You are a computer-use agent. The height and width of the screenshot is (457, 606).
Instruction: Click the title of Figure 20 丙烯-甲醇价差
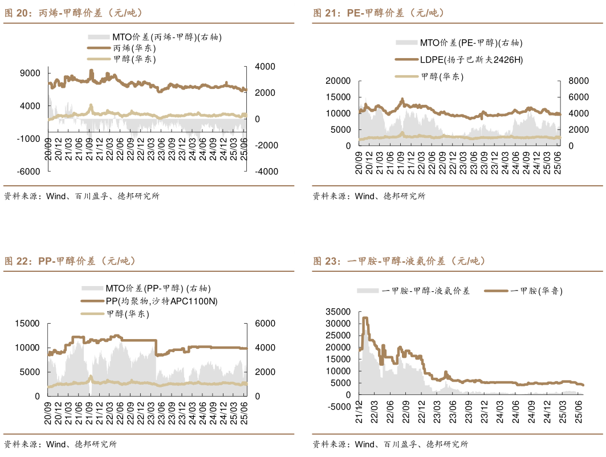(74, 13)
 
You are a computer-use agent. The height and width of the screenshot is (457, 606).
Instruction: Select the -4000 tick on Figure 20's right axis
(265, 172)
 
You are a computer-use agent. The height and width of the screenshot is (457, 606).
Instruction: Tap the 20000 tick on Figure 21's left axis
(339, 81)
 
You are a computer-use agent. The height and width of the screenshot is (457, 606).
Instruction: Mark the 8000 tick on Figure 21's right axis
(572, 81)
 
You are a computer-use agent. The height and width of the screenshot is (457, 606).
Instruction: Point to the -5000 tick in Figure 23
(340, 406)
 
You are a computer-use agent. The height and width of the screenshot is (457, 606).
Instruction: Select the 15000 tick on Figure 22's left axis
(29, 323)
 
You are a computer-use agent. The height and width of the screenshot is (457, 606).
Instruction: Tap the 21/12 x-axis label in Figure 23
(361, 411)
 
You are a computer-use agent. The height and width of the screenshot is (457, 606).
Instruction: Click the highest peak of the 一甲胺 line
(365, 318)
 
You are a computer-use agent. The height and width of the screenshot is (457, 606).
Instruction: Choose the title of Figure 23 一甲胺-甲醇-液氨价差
(399, 261)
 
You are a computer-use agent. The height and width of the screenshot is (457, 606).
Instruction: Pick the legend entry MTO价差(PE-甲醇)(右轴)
(471, 42)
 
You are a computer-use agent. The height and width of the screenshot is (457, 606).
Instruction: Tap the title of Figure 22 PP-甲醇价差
(71, 261)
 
